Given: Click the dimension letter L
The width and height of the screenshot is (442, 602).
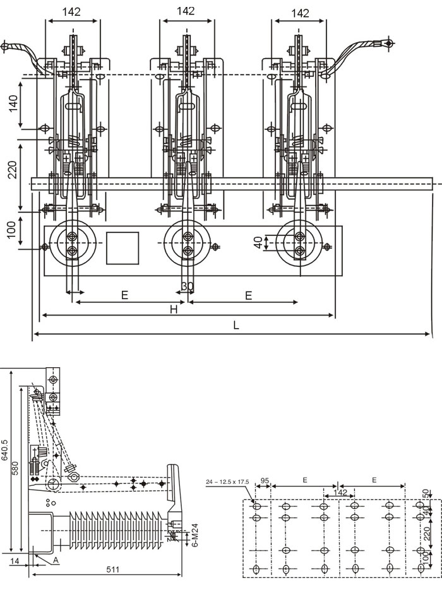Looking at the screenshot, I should point(236,326).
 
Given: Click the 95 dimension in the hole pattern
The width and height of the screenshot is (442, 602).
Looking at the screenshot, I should point(265,481).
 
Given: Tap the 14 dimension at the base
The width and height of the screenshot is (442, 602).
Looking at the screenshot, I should point(15,559).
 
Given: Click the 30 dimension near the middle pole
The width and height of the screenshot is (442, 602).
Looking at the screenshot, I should point(188,286).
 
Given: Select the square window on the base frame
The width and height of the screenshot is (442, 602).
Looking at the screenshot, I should point(122,248).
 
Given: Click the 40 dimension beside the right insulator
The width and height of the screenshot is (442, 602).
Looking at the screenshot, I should point(258,243).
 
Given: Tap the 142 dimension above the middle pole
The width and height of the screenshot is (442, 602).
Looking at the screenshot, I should point(186,11).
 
